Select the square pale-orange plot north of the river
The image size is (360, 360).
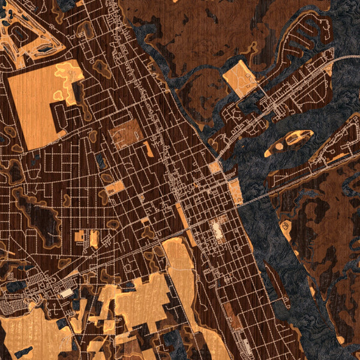239,78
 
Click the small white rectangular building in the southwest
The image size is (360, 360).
66,293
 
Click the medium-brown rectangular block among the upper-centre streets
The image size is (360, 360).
125,133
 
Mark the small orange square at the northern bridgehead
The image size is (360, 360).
215,167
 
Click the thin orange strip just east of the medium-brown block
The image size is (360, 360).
148,149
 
